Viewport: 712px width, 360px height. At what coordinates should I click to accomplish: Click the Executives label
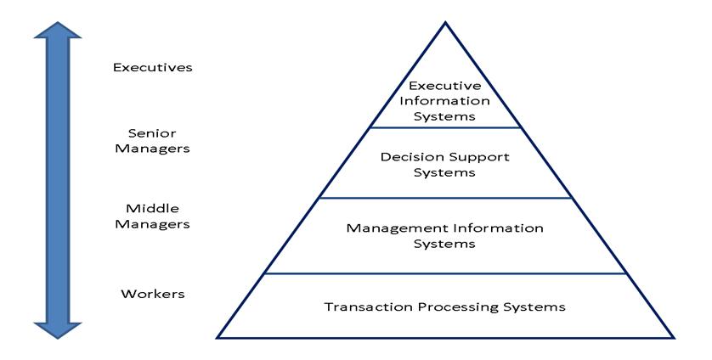[153, 66]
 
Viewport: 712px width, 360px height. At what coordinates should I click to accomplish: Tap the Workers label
[153, 295]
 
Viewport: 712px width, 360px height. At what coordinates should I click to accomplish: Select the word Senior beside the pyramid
[153, 132]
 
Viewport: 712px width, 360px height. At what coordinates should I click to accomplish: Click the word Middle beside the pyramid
[153, 209]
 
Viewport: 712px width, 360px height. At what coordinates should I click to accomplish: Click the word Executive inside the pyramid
[445, 86]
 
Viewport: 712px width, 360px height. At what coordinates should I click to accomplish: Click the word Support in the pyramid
[482, 157]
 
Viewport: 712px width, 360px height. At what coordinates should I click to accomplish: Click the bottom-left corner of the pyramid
[217, 338]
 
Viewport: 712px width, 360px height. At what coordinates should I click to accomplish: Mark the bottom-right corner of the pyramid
[675, 338]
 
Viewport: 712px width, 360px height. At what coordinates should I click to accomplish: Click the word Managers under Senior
[153, 148]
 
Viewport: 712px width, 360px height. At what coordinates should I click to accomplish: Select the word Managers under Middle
[153, 224]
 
